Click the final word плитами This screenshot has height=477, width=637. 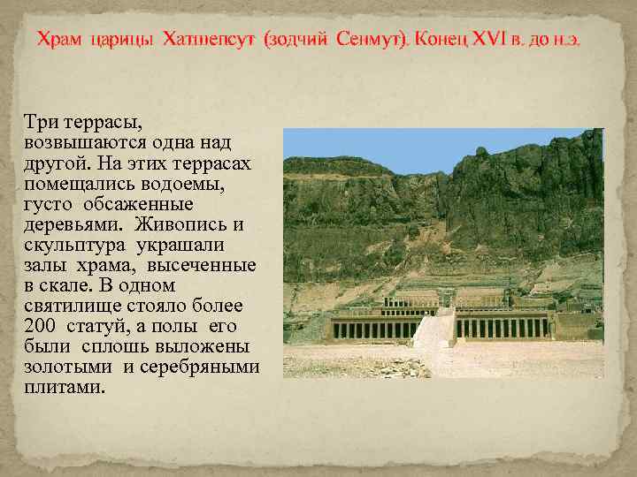pyautogui.click(x=65, y=387)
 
